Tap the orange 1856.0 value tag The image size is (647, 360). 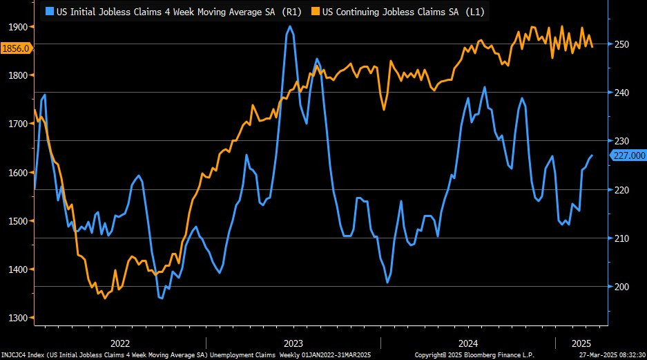[16, 48]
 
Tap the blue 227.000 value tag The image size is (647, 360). [628, 155]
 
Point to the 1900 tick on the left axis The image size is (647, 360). [17, 27]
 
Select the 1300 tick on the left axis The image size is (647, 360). [17, 318]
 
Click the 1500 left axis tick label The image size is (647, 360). [17, 221]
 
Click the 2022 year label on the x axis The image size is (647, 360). [120, 343]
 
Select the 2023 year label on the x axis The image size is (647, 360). [293, 343]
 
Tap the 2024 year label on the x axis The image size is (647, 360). [467, 343]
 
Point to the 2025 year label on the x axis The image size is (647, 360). [581, 343]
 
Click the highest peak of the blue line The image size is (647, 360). [290, 26]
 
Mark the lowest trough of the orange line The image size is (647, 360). [105, 299]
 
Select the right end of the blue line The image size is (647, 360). [592, 155]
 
